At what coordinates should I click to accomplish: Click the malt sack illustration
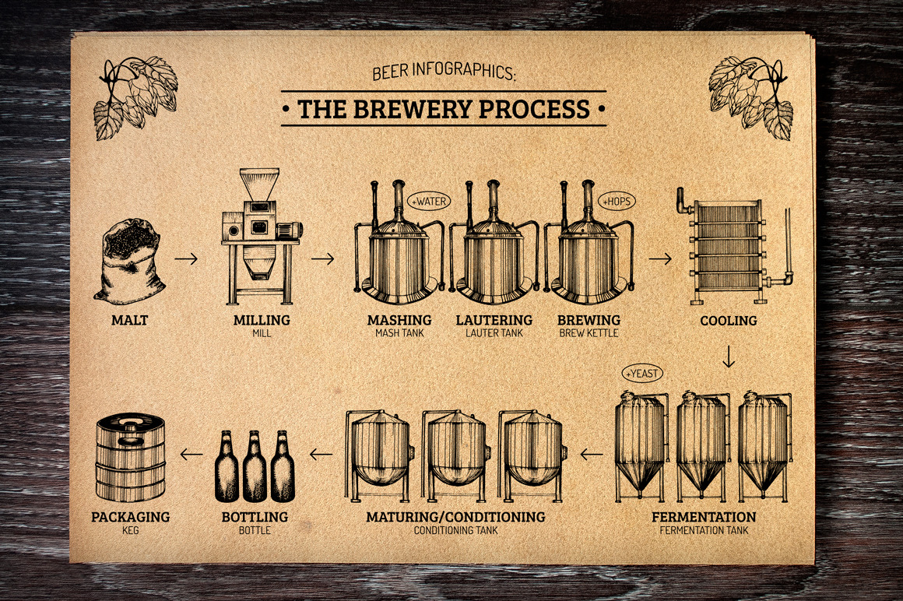click(129, 262)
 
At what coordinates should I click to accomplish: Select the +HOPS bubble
click(617, 201)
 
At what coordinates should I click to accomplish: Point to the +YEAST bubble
click(641, 373)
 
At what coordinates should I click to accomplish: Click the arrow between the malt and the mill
click(186, 258)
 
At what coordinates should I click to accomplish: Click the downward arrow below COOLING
click(729, 357)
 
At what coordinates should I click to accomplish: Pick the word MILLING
click(262, 320)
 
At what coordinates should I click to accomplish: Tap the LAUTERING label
click(494, 320)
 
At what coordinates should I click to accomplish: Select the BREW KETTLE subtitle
click(589, 333)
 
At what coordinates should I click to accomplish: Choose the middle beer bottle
click(255, 466)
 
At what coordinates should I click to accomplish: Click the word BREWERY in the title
click(413, 109)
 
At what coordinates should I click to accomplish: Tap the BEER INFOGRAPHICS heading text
click(444, 74)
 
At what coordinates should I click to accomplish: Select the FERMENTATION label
click(704, 517)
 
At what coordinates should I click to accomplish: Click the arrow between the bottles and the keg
click(191, 452)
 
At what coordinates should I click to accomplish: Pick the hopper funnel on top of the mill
click(258, 185)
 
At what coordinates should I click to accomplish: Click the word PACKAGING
click(130, 517)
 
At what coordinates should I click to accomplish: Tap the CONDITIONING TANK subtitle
click(455, 530)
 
